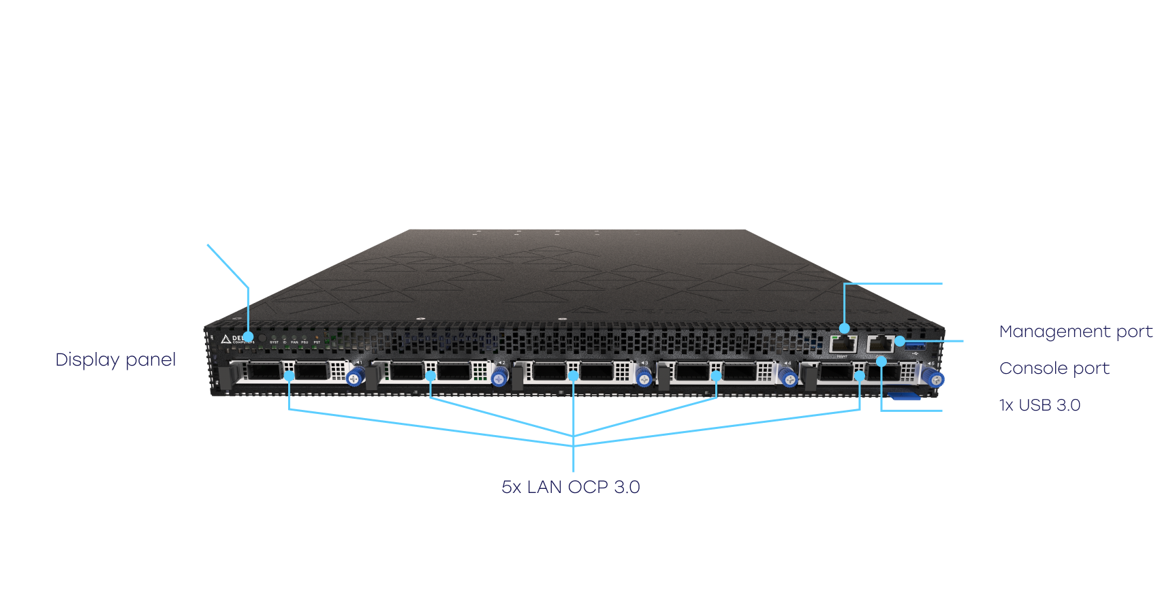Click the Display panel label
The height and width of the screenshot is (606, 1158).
116,360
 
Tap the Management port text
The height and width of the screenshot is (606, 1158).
1076,332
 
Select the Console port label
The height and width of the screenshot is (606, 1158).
1054,368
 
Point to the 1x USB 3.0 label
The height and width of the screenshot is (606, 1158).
1039,405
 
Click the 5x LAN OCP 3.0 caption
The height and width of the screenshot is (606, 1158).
571,487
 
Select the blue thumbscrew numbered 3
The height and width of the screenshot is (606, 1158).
644,377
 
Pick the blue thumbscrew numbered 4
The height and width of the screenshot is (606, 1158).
789,379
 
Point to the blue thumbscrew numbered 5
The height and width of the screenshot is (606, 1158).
936,379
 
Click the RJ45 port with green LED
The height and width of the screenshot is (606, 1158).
843,343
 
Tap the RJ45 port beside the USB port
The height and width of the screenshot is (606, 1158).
880,344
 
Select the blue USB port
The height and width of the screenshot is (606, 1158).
914,344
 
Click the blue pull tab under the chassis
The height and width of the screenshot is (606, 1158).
905,396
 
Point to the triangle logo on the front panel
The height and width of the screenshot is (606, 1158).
225,339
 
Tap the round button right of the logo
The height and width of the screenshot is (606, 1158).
262,338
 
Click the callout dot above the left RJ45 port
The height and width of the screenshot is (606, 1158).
845,329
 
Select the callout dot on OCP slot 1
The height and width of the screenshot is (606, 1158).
289,376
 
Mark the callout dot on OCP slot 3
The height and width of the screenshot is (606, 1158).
574,376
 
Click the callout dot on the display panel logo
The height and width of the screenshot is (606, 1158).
249,337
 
